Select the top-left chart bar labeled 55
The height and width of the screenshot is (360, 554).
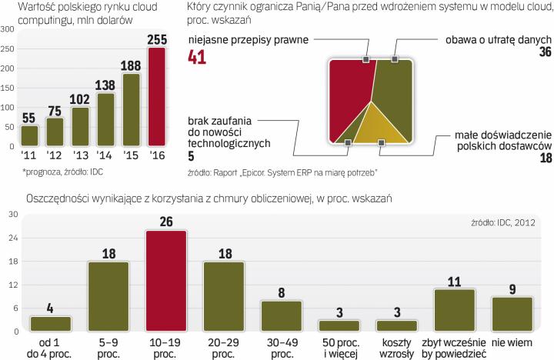pos(29,135)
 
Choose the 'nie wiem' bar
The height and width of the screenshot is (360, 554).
pos(513,314)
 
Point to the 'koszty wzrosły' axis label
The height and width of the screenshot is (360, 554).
pos(398,345)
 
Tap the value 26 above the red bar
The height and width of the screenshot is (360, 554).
pos(167,222)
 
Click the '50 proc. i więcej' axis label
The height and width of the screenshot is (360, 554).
pos(340,345)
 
